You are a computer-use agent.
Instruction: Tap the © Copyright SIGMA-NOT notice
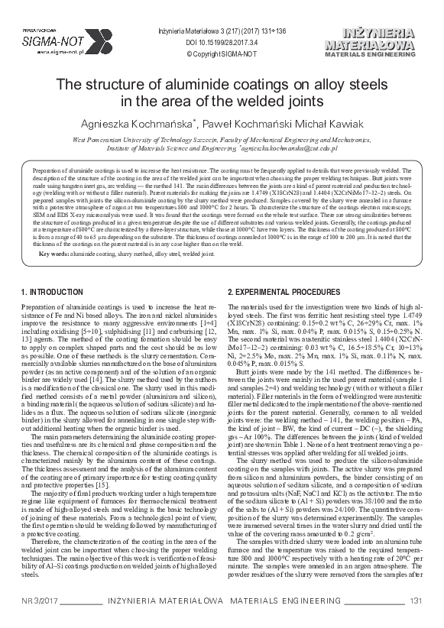click(x=212, y=55)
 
